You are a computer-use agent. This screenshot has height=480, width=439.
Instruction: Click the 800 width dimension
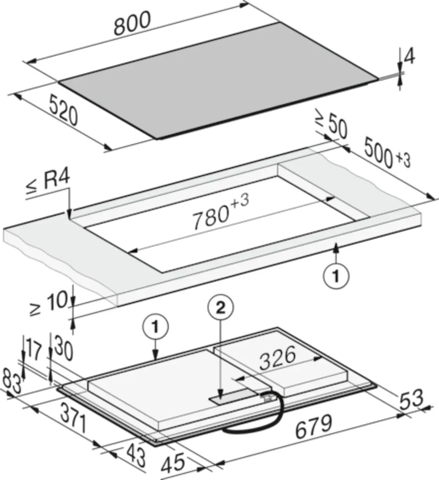pyautogui.click(x=132, y=23)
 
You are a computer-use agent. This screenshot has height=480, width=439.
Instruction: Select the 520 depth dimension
pyautogui.click(x=64, y=110)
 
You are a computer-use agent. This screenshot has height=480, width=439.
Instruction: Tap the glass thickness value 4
pyautogui.click(x=409, y=58)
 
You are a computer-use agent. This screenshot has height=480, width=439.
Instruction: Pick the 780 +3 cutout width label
pyautogui.click(x=221, y=212)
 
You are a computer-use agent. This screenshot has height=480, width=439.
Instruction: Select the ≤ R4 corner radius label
pyautogui.click(x=48, y=182)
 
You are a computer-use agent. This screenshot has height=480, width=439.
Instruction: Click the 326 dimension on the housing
pyautogui.click(x=277, y=358)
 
